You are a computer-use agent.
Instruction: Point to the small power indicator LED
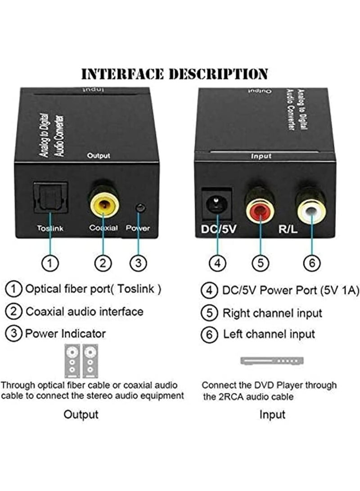click(x=141, y=208)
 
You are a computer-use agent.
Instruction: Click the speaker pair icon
click(x=81, y=360)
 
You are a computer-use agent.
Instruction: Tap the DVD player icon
click(x=272, y=360)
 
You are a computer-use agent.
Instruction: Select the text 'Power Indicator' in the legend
click(x=65, y=333)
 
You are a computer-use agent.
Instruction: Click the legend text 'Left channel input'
click(x=269, y=334)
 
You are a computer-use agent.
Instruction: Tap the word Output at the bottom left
click(x=81, y=414)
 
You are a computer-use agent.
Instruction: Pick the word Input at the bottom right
click(x=272, y=414)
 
